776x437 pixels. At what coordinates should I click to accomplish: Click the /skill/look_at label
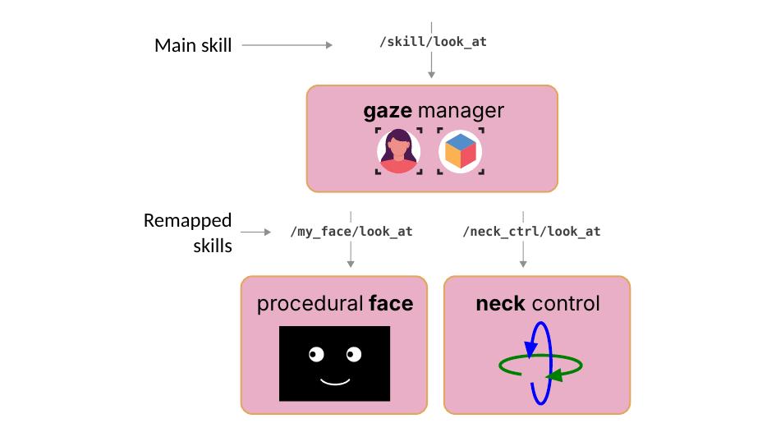433,41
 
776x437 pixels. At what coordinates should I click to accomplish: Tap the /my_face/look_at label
351,232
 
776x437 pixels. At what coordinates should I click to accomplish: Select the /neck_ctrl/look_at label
531,232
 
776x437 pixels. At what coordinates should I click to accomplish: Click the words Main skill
193,45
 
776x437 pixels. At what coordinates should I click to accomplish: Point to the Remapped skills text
188,232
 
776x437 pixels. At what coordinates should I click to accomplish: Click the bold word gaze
388,110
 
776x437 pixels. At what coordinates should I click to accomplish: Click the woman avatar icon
399,151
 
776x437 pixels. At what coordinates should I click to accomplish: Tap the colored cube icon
460,151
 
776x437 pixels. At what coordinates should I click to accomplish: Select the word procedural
310,305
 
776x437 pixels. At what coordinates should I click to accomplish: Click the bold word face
391,305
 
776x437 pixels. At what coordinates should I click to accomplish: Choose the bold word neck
500,305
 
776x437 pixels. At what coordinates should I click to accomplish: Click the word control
566,305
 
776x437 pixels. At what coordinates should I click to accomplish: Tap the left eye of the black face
317,355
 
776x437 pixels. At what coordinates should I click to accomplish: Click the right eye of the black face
354,355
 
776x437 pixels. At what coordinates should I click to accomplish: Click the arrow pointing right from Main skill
287,45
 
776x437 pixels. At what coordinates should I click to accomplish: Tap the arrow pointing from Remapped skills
255,232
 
